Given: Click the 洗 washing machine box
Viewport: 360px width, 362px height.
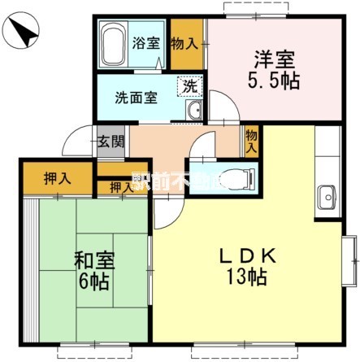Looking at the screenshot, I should tap(189, 85).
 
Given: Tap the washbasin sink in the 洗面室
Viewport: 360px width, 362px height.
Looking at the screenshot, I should tap(193, 111).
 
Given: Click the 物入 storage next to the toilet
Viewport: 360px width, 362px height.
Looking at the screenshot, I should tap(251, 142).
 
